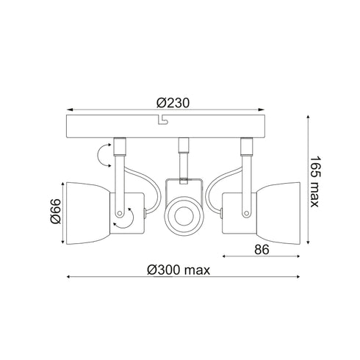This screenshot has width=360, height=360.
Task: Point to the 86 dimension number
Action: (262, 250)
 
